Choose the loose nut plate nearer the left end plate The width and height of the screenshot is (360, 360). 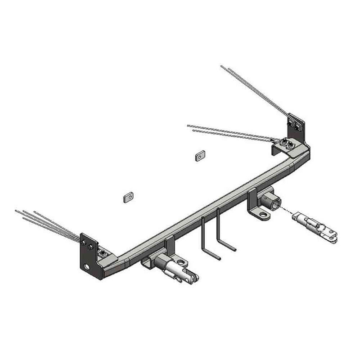[127, 196]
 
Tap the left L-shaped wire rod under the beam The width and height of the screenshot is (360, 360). [207, 238]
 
